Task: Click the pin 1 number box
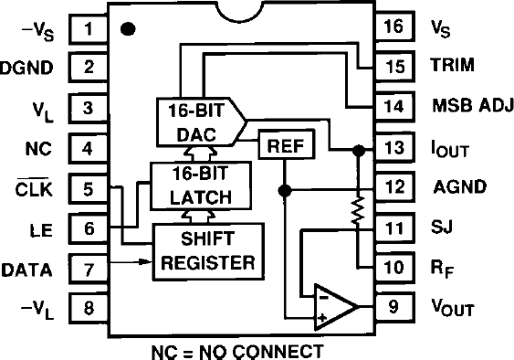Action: tap(89, 27)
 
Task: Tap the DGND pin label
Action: tap(26, 67)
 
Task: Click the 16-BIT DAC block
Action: tap(195, 121)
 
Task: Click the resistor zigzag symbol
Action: tap(358, 211)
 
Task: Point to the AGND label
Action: tap(459, 186)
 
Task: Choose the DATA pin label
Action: tap(27, 270)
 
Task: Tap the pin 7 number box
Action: tap(89, 270)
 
